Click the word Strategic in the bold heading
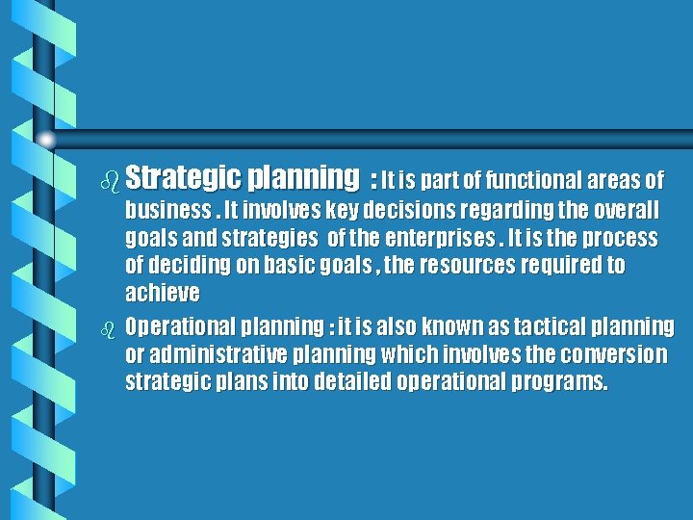click(x=183, y=179)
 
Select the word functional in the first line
click(x=528, y=180)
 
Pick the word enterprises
click(x=433, y=238)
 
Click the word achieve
click(x=163, y=292)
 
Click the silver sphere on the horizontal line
click(x=46, y=141)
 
